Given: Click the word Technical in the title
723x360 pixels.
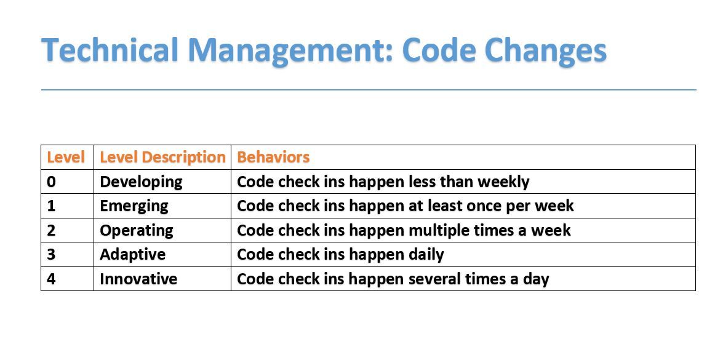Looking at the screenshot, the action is click(x=110, y=50).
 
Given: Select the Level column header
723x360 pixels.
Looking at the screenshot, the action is click(x=66, y=157).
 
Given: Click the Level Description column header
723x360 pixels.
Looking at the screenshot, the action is click(x=162, y=157).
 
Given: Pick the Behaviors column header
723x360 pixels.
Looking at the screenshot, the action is click(x=273, y=157).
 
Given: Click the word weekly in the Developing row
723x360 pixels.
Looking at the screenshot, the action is click(x=503, y=182).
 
